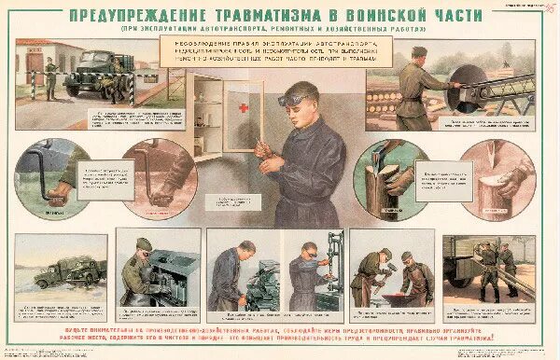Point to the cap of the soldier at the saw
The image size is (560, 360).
[419, 52]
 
